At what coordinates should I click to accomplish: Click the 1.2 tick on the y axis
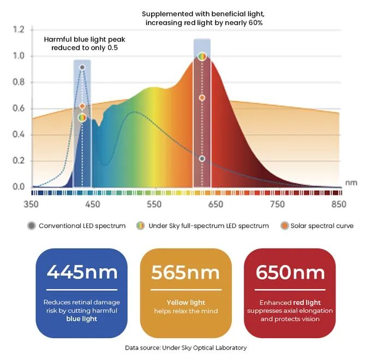(x=19, y=29)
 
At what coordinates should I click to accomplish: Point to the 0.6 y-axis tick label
(x=19, y=109)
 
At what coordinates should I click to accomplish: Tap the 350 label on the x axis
(x=32, y=205)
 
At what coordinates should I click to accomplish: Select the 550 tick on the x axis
(x=154, y=205)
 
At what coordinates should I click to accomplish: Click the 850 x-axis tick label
(x=339, y=205)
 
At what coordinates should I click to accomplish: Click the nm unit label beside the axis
(x=351, y=183)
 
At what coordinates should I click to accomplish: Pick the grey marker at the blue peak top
(x=82, y=68)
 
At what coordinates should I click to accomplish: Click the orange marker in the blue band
(x=82, y=106)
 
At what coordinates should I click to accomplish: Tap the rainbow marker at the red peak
(x=202, y=56)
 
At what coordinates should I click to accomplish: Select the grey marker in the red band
(x=202, y=159)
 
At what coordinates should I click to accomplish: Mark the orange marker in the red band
(x=202, y=98)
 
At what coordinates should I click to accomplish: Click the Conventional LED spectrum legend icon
(x=31, y=226)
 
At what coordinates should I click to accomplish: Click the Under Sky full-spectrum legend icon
(x=141, y=226)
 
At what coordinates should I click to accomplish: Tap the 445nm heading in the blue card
(x=81, y=272)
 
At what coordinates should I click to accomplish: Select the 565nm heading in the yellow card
(x=186, y=272)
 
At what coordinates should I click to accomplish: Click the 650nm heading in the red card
(x=290, y=272)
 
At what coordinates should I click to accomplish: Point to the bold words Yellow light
(x=186, y=302)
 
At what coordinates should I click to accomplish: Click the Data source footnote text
(x=186, y=347)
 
